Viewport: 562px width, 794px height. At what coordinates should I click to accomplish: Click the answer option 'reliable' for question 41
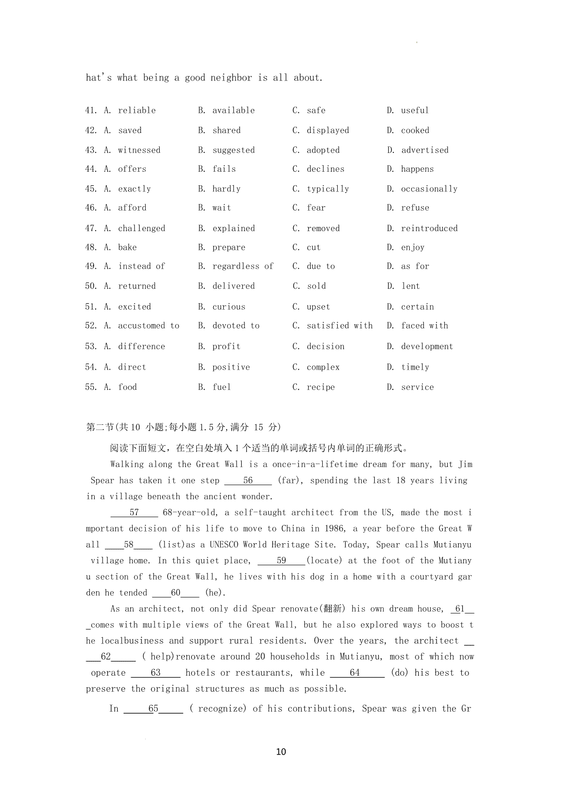pos(137,110)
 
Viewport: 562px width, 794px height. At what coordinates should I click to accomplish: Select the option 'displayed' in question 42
pos(328,131)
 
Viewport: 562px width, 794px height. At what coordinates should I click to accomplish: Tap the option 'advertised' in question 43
pos(425,150)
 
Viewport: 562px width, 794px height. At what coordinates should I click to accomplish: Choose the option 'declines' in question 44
pos(325,169)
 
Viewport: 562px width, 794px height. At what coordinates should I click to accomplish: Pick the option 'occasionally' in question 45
pos(429,189)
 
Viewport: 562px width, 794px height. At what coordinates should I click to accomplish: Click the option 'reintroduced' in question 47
pos(429,228)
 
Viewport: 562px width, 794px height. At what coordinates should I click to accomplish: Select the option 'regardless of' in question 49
pos(243,266)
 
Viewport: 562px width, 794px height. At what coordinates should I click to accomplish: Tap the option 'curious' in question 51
pos(229,307)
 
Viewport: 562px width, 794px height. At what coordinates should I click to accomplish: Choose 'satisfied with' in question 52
pos(340,326)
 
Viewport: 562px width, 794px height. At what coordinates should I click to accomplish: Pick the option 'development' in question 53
pos(427,347)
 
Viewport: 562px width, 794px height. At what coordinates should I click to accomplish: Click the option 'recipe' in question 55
pos(321,387)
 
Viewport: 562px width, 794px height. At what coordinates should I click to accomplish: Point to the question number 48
pos(91,248)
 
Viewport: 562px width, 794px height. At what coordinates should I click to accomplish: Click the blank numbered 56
pos(248,481)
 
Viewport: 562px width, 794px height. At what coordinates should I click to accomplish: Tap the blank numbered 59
pos(281,561)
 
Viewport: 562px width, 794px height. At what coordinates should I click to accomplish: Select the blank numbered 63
pos(155,673)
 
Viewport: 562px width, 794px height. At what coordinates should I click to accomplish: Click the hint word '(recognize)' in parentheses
pos(218,709)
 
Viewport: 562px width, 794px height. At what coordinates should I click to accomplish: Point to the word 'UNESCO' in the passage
pos(223,545)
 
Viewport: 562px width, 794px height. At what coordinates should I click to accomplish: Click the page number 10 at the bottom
pos(281,752)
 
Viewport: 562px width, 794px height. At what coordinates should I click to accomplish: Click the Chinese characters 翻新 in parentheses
pos(332,609)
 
